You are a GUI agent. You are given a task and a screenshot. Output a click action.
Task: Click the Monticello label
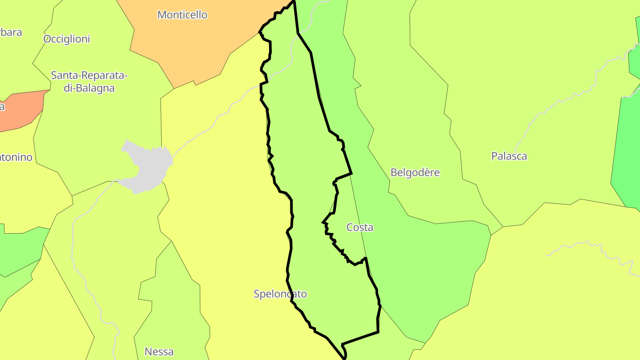click(x=182, y=15)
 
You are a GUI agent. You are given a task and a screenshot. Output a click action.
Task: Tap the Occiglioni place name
click(x=67, y=39)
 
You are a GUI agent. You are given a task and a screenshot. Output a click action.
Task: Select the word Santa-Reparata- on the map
click(x=89, y=75)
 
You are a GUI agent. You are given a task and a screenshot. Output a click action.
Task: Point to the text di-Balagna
click(x=89, y=88)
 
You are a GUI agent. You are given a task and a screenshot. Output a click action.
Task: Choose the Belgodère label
click(x=415, y=172)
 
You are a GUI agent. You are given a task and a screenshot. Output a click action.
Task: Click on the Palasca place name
click(x=509, y=156)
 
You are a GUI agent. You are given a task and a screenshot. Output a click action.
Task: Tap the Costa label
click(x=360, y=228)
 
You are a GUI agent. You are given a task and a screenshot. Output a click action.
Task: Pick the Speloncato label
click(x=280, y=294)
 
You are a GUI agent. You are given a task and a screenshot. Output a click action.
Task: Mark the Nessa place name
click(x=159, y=352)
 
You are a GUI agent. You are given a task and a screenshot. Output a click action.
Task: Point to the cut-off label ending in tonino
click(x=16, y=157)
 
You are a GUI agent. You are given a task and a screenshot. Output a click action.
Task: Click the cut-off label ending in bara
click(x=11, y=32)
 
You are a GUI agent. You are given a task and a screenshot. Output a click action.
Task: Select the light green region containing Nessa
click(x=173, y=302)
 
